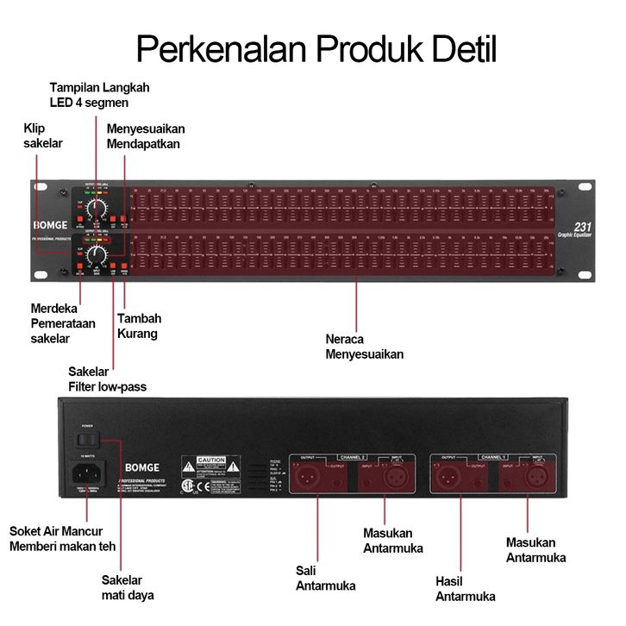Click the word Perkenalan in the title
pyautogui.click(x=220, y=48)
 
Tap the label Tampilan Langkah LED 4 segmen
pyautogui.click(x=99, y=95)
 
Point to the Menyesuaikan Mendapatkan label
pyautogui.click(x=145, y=136)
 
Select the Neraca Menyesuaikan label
pyautogui.click(x=364, y=346)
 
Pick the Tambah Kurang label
pyautogui.click(x=138, y=325)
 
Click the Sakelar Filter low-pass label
pyautogui.click(x=108, y=379)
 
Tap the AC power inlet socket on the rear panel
pyautogui.click(x=89, y=472)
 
